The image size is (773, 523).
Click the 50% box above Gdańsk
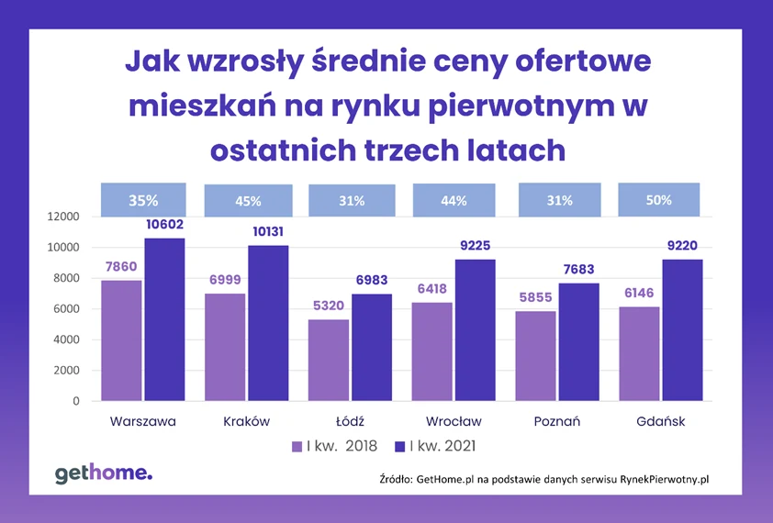659,199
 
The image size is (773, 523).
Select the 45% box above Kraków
248,201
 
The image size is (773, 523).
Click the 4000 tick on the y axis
67,339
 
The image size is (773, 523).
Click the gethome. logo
104,473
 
